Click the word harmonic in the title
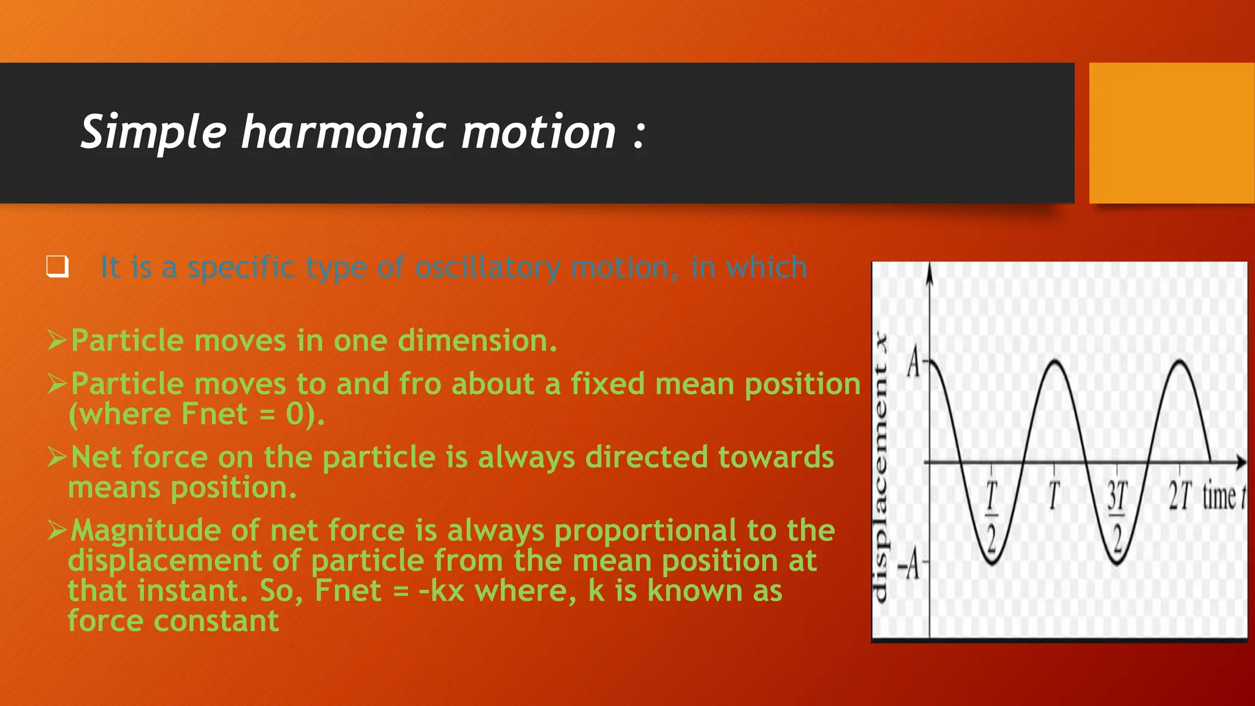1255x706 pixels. tap(343, 132)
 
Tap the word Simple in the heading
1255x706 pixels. tap(154, 132)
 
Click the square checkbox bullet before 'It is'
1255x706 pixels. tap(58, 267)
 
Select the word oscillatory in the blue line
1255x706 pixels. tap(487, 268)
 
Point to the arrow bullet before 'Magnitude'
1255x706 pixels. tap(57, 530)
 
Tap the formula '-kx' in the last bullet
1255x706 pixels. tap(442, 591)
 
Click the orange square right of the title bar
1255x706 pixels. tap(1171, 133)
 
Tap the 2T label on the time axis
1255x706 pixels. tap(1180, 496)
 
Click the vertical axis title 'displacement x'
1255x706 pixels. tap(880, 466)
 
